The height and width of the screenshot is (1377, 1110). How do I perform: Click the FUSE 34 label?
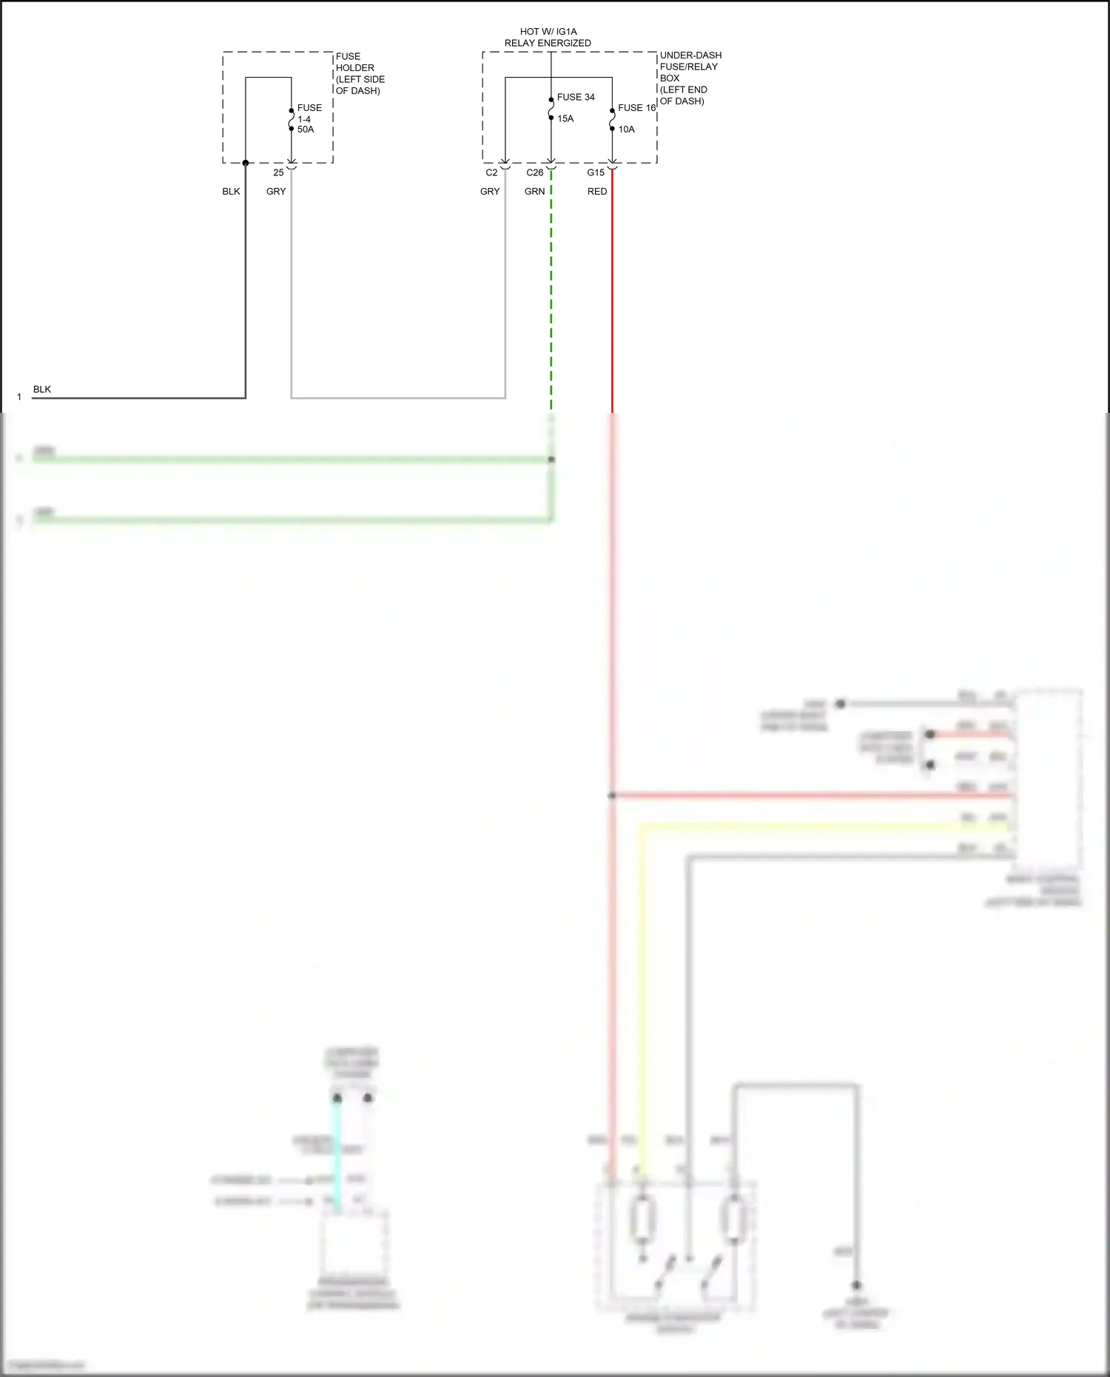(x=576, y=97)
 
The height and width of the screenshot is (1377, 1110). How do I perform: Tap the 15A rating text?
(x=565, y=118)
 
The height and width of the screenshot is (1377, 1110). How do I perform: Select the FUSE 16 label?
(x=636, y=108)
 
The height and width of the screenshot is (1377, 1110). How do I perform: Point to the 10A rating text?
(x=626, y=129)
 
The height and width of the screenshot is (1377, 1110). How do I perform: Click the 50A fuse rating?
(x=306, y=129)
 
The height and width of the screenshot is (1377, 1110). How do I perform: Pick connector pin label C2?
(x=491, y=172)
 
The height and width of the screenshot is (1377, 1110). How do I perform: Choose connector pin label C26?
(x=534, y=172)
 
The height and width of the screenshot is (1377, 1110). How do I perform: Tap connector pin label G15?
(x=596, y=172)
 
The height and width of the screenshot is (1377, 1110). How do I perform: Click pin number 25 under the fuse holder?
(x=278, y=172)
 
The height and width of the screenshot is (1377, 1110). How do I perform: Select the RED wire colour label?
(x=597, y=192)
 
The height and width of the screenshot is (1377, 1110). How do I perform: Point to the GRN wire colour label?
(x=534, y=192)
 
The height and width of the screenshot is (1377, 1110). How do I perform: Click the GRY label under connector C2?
(x=490, y=192)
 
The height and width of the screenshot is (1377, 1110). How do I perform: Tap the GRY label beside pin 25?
(x=276, y=192)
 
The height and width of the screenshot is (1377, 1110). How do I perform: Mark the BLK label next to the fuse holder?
(x=231, y=192)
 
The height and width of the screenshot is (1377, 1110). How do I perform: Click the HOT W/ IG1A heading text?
(x=548, y=32)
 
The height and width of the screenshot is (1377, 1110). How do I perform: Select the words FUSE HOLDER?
(x=354, y=62)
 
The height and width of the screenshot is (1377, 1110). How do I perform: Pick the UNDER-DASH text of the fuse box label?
(x=690, y=55)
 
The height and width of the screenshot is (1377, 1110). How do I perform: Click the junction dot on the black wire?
(x=246, y=163)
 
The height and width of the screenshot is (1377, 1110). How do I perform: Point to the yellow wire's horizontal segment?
(x=814, y=826)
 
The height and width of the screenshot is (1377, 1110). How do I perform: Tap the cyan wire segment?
(x=337, y=1154)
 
